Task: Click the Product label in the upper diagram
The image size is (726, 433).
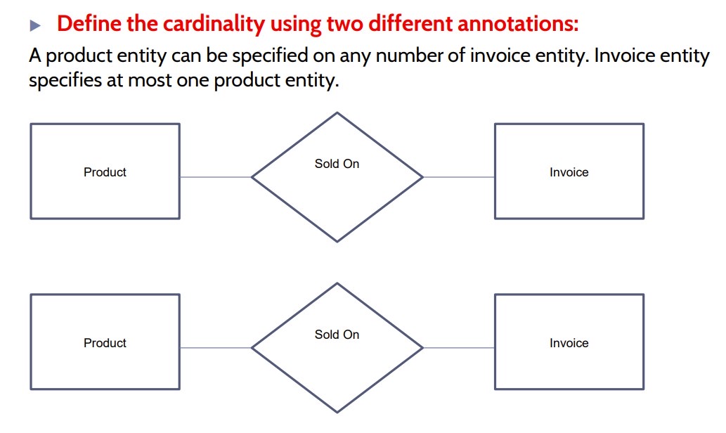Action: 105,172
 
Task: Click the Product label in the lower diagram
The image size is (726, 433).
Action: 105,343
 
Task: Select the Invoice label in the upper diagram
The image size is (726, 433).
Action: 569,172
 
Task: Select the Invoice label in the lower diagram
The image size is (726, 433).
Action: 569,343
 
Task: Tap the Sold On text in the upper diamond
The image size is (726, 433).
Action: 337,164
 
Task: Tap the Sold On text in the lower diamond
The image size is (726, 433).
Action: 337,335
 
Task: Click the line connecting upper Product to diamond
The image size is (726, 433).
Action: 215,177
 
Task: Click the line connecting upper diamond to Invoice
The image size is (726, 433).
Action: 458,177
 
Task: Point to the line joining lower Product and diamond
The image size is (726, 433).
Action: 215,347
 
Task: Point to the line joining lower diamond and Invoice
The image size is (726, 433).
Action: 458,347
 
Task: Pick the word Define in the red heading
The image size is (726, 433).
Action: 86,25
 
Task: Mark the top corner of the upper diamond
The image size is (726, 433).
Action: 337,112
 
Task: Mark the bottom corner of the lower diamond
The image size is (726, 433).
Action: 337,412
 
